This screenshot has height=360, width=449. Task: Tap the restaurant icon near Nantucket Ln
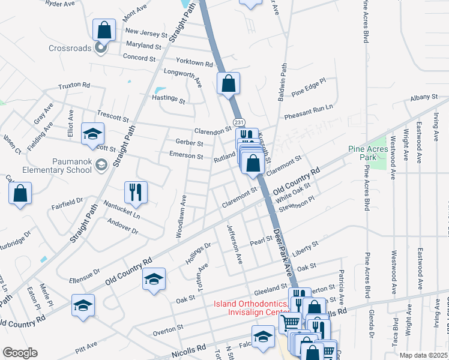click(x=135, y=192)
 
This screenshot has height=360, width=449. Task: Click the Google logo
click(x=20, y=353)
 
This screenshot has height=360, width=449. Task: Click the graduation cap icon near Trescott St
click(x=93, y=134)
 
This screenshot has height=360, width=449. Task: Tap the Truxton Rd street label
click(x=74, y=86)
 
